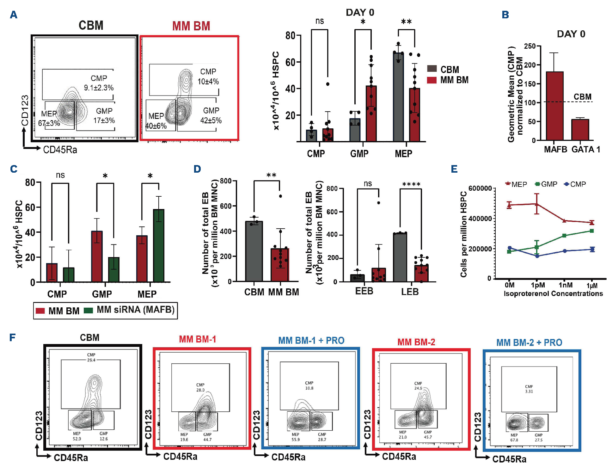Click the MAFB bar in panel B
pos(554,106)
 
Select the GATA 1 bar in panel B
pos(580,130)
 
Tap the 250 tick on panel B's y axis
pos(529,46)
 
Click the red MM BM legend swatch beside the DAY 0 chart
pos(431,80)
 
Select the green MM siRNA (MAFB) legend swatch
pos(88,310)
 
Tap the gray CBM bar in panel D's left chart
pos(254,251)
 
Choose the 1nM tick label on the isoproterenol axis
pos(566,285)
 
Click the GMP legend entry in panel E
pos(546,184)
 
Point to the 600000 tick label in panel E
pos(480,188)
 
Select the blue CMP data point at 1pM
pos(537,256)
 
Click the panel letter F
pos(12,337)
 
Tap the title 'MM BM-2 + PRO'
pos(529,342)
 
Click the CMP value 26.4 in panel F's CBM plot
pos(91,360)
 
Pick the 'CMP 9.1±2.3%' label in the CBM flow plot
pos(99,83)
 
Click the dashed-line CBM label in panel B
pos(582,97)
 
